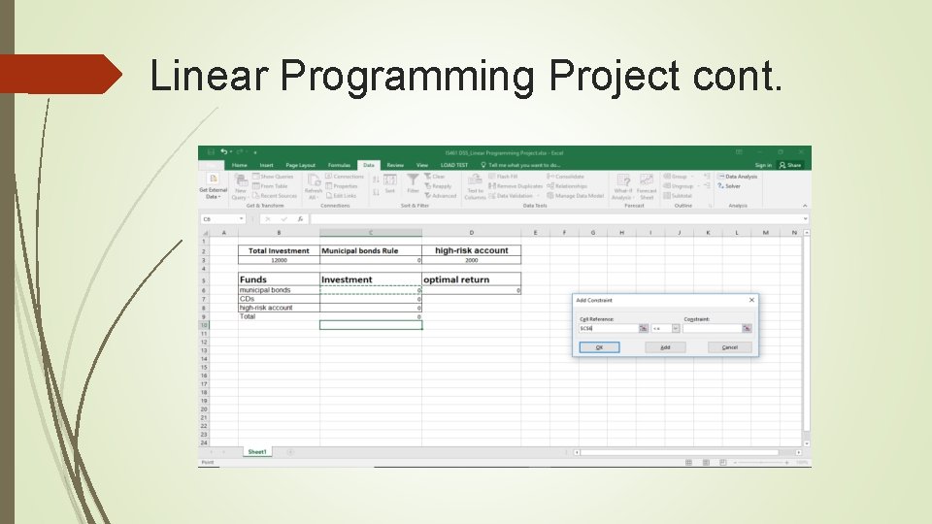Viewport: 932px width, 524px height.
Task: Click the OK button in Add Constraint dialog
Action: coord(599,347)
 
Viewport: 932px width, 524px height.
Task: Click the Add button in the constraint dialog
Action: coord(665,347)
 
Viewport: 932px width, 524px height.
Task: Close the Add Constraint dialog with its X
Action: coord(751,301)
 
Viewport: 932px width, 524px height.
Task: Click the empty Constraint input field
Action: coord(712,329)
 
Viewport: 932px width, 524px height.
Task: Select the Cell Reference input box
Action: coord(608,329)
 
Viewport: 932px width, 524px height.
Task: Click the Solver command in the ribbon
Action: coord(732,186)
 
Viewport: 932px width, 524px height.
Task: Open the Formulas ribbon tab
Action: coord(339,165)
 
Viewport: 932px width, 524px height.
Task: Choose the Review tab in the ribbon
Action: coord(395,165)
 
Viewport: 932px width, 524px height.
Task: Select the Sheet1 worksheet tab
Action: coord(257,452)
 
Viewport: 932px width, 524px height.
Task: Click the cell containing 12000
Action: coord(279,260)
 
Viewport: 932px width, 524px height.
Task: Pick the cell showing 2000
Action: coord(472,260)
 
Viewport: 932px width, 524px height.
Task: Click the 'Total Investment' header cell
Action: coord(279,250)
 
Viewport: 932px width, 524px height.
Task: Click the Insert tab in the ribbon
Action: coord(266,165)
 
